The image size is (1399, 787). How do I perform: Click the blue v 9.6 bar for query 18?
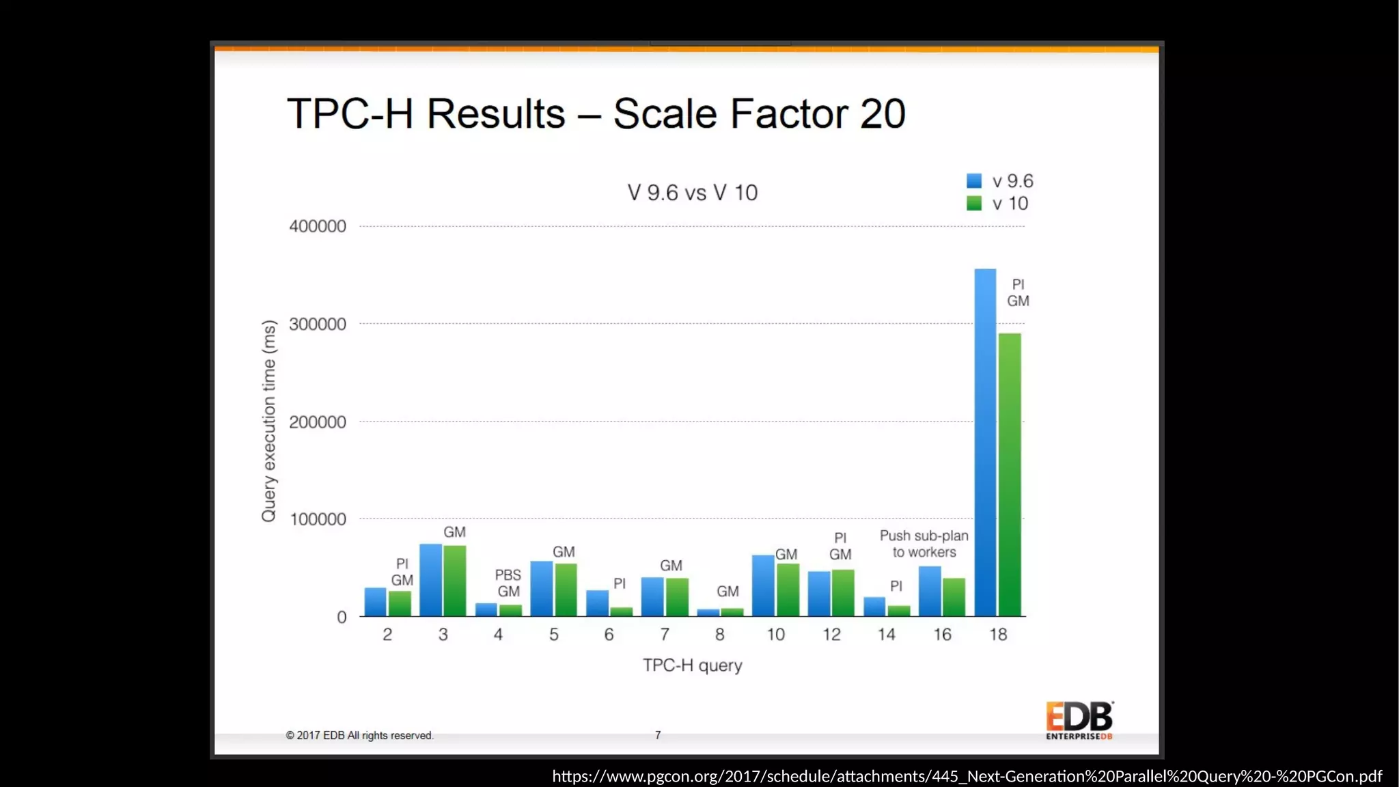point(984,444)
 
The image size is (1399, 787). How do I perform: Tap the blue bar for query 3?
point(430,581)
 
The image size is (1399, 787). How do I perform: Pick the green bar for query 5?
point(566,590)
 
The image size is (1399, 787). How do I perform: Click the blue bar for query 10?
point(763,586)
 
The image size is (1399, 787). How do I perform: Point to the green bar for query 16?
point(954,598)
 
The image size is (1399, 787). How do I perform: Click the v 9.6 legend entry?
point(1000,181)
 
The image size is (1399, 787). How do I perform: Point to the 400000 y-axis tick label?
point(318,226)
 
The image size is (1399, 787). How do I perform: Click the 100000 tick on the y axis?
point(318,519)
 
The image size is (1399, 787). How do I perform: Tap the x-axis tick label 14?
point(886,635)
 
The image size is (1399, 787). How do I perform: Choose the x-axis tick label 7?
point(664,635)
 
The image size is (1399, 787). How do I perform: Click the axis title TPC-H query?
point(692,665)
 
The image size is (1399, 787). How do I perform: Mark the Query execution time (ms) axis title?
point(268,421)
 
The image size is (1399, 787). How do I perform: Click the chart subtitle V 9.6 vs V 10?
point(692,193)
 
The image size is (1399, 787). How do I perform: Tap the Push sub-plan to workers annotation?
point(924,544)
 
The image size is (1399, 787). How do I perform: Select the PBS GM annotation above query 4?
point(508,583)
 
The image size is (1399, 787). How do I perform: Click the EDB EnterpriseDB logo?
point(1079,720)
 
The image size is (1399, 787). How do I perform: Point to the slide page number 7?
point(658,735)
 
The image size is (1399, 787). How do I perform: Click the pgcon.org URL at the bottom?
point(967,776)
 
